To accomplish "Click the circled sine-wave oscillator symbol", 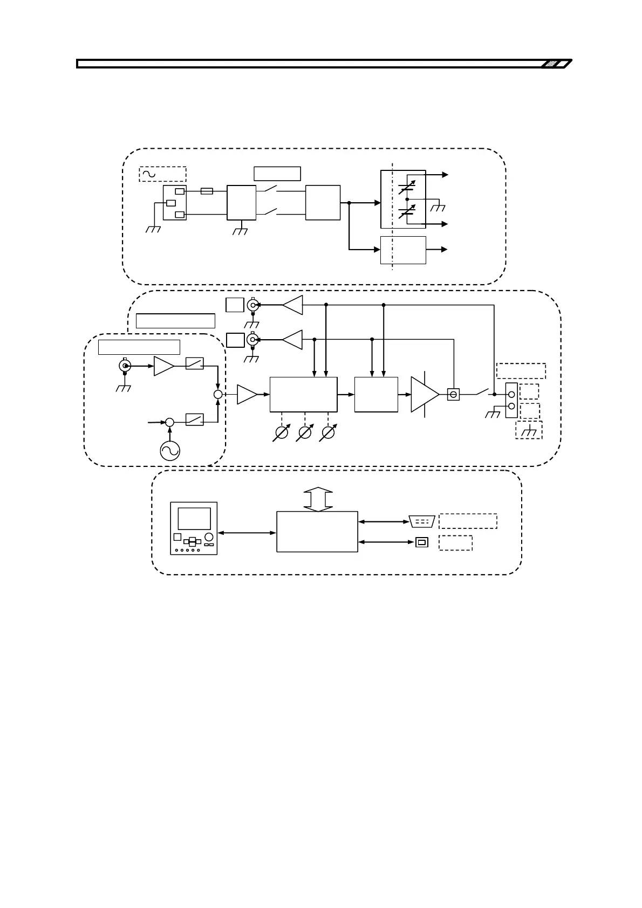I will (170, 450).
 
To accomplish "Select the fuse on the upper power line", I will (206, 191).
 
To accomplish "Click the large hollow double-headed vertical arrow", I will (319, 499).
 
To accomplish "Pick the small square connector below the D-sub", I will (421, 542).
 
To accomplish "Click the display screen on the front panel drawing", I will (194, 518).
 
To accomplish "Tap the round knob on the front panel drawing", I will (209, 536).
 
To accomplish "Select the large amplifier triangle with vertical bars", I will (425, 394).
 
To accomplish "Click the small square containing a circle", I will (453, 395).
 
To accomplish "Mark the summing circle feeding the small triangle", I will (218, 395).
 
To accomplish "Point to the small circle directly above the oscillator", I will (169, 423).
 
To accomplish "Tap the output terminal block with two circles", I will (511, 400).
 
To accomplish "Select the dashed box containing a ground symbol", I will (529, 430).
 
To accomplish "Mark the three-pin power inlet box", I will (174, 203).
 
